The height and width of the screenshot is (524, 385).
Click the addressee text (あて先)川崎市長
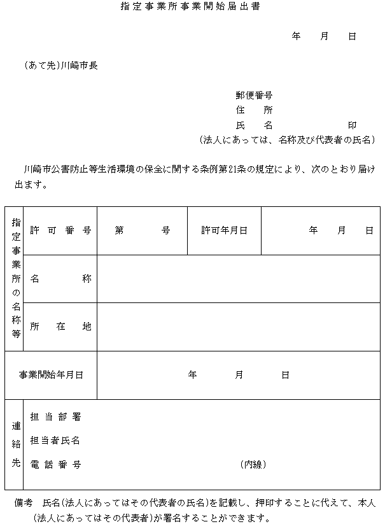tap(60, 65)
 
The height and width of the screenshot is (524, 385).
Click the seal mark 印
tap(352, 125)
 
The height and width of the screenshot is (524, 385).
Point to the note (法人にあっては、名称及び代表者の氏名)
tap(286, 139)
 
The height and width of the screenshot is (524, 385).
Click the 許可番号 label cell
tap(60, 230)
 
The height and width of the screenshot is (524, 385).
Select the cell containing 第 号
tap(142, 230)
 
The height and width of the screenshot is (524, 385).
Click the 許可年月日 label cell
tap(224, 230)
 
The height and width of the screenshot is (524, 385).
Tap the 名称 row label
tap(60, 279)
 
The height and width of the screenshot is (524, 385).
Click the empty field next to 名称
tap(238, 279)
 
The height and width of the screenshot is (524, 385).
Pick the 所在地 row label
tap(60, 327)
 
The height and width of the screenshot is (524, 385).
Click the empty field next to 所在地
tap(238, 327)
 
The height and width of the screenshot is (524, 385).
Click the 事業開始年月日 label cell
tap(51, 375)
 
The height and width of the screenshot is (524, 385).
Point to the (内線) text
tap(253, 464)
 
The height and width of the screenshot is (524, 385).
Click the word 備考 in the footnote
tap(24, 503)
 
